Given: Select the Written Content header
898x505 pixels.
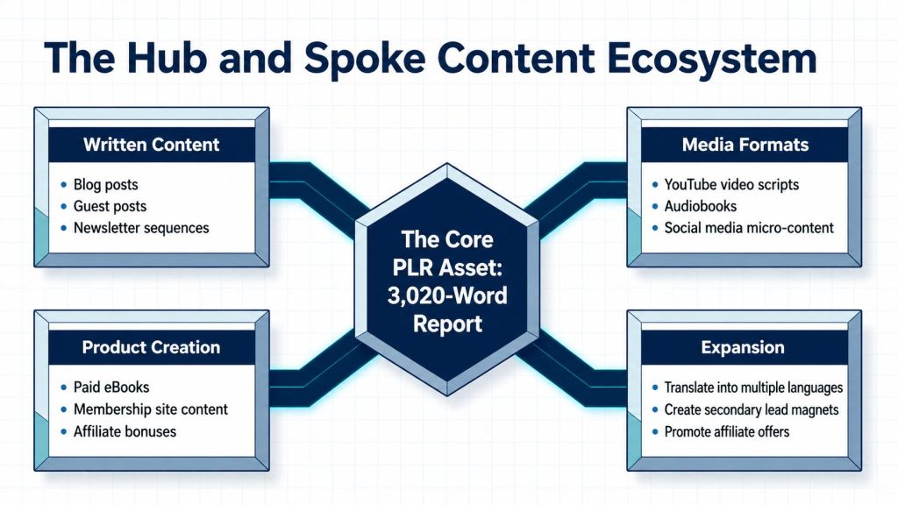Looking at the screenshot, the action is (151, 145).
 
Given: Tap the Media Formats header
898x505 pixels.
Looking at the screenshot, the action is (745, 145).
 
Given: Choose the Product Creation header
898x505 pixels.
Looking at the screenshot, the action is (151, 347).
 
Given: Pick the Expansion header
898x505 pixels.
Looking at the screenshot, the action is (743, 347).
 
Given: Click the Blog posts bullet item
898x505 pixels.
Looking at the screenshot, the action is (106, 185).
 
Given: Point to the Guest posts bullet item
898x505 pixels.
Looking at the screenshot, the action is (110, 206).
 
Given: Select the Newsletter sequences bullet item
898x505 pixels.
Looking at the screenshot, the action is (141, 228).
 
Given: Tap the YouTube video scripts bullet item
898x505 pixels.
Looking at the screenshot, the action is (731, 185).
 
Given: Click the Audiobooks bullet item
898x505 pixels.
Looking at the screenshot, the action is (701, 206).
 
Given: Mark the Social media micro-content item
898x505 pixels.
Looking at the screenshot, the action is (749, 228).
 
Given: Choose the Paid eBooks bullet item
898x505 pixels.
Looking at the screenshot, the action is (111, 388).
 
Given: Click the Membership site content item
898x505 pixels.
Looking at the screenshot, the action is (151, 409).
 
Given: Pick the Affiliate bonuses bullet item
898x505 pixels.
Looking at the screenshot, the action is (125, 431).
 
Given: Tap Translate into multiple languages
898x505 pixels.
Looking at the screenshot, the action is (753, 388).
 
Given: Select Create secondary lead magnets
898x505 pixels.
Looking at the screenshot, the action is (752, 410).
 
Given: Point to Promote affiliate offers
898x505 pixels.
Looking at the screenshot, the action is (727, 431).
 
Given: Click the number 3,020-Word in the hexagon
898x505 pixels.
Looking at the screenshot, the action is (447, 296).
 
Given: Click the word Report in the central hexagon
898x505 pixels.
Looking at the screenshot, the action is (447, 324).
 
